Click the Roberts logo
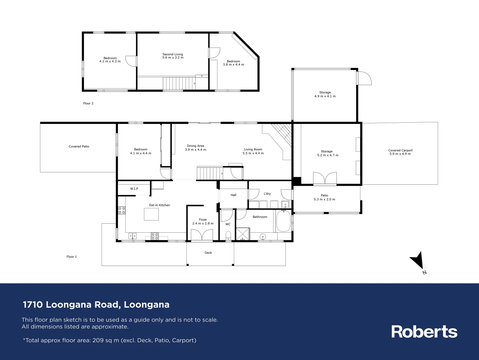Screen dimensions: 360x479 point(424,332)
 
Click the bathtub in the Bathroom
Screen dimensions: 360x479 point(283,221)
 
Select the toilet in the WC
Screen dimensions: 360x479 point(228,237)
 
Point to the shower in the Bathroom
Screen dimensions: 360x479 point(242,234)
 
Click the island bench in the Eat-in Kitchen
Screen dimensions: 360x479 point(151,214)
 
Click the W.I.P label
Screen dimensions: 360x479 point(134,189)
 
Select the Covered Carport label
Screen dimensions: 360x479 point(400,150)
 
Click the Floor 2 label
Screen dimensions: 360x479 point(88,103)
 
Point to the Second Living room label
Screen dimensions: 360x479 point(173,54)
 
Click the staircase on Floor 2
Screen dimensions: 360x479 point(178,83)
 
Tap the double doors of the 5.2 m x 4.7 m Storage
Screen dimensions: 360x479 point(325,178)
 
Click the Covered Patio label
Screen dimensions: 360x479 point(79,146)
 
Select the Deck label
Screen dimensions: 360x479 point(208,253)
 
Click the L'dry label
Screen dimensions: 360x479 point(267,194)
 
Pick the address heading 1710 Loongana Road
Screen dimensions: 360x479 point(96,305)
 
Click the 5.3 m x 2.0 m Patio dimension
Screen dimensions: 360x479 point(324,199)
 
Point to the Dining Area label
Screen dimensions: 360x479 point(196,146)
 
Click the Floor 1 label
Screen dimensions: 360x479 point(72,257)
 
